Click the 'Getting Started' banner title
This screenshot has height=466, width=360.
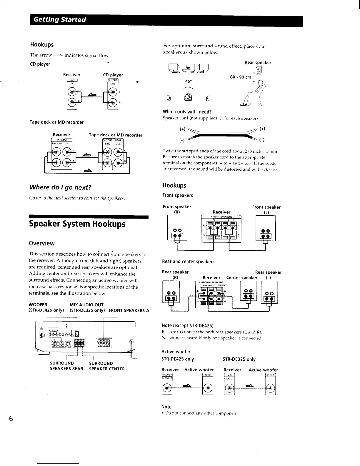60,20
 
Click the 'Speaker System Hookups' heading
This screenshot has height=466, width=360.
77,224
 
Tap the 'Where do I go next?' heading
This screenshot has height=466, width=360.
60,187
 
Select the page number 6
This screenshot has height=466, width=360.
11,419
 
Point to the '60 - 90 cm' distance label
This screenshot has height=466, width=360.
241,77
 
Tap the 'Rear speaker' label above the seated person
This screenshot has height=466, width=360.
258,62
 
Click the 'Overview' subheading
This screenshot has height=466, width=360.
42,243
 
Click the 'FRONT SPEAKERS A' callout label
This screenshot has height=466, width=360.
129,310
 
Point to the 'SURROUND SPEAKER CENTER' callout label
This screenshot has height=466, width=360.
107,366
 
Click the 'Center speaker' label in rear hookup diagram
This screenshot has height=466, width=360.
242,278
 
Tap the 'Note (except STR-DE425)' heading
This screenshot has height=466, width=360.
187,325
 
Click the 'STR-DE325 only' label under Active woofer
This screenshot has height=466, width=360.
239,359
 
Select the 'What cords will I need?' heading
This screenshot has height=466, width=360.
187,112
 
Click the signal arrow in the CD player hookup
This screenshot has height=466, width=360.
92,95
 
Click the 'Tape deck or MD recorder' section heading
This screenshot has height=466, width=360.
56,122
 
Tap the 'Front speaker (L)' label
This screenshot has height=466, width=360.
266,209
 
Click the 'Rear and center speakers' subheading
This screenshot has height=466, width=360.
188,262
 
